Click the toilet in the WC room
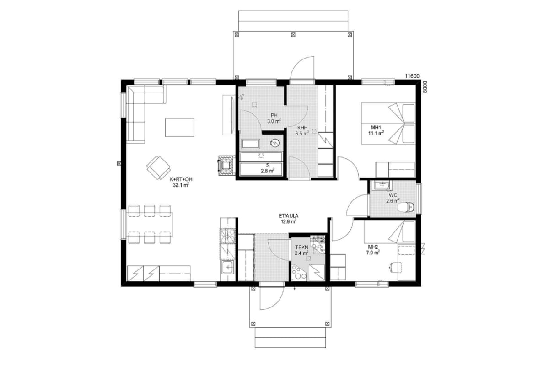(x=406, y=207)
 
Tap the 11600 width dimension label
(x=412, y=76)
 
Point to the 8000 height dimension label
(x=425, y=87)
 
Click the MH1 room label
(x=376, y=128)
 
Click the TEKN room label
(x=301, y=248)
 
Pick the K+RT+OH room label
(x=181, y=179)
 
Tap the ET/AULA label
(x=289, y=216)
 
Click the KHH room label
(x=302, y=128)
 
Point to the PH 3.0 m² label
(x=274, y=118)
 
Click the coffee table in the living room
(x=180, y=128)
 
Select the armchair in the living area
(x=159, y=168)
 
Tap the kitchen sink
(x=228, y=267)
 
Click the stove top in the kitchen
(x=228, y=236)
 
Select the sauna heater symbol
(x=275, y=143)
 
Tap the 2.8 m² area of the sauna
(x=268, y=171)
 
